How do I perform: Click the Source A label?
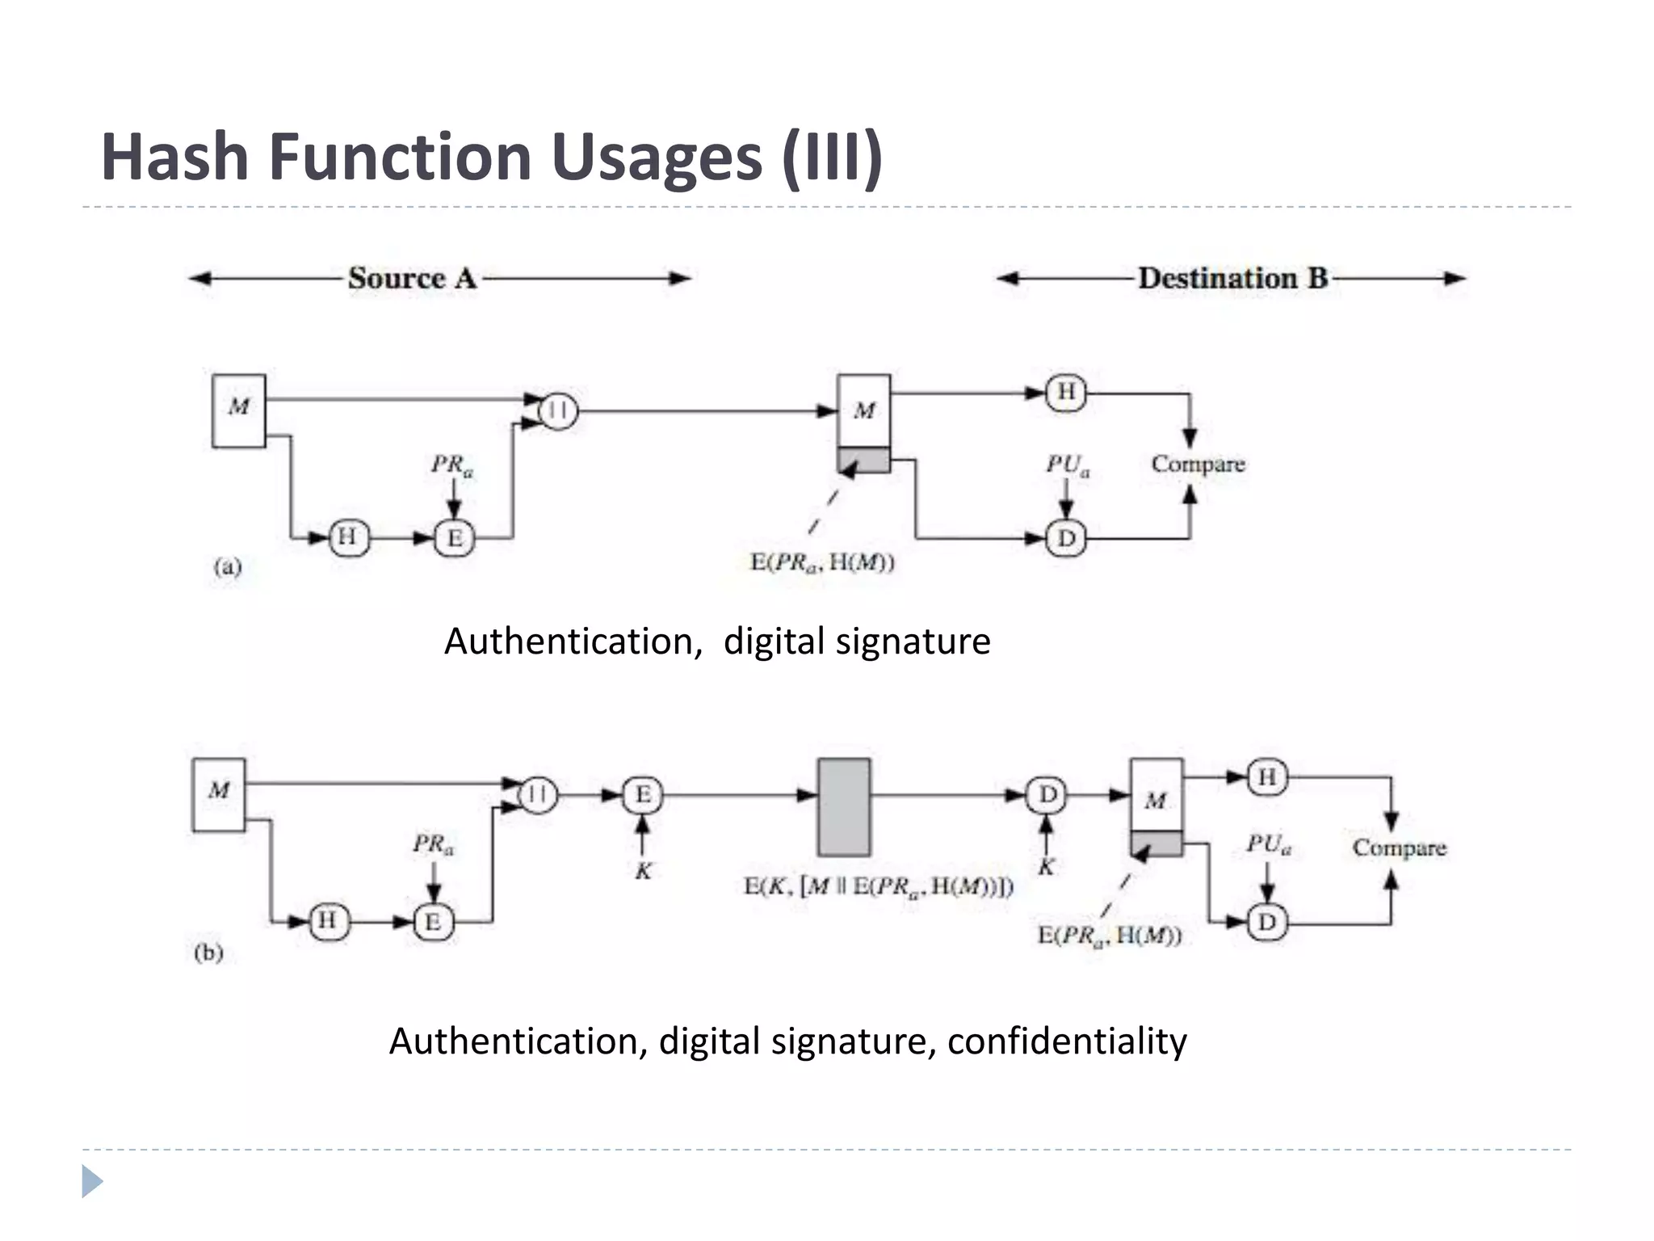412,279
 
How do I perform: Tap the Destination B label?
1232,279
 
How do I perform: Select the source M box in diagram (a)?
238,410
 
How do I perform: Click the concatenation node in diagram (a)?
557,411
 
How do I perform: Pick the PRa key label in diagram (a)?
451,465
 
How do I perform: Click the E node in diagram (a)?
454,538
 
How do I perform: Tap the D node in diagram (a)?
1066,538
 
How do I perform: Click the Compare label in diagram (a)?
1198,465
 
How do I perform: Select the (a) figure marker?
227,566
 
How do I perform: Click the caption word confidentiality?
1066,1041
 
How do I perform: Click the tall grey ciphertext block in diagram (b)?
844,807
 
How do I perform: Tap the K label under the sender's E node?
643,872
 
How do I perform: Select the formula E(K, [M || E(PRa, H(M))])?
878,887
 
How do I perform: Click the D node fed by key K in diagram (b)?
1047,795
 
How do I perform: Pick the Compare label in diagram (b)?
1399,848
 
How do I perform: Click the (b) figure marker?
208,953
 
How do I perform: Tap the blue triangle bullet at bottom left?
92,1181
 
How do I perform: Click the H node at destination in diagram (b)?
1267,777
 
